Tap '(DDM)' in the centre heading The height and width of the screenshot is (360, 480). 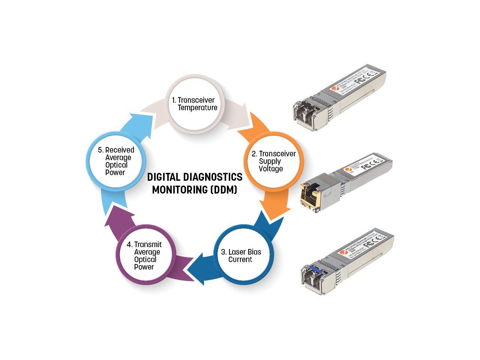coord(224,190)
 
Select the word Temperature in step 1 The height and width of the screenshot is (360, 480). coord(198,108)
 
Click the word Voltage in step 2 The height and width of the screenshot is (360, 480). coord(271,169)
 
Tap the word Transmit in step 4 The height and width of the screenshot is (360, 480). coord(148,244)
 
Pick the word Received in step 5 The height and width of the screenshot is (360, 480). coord(120,150)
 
